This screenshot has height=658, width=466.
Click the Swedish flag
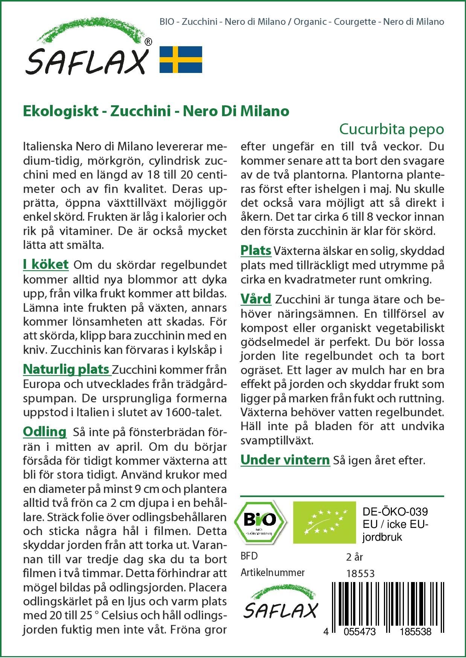click(181, 59)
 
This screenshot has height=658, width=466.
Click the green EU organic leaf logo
click(324, 522)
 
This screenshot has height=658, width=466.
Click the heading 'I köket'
click(46, 264)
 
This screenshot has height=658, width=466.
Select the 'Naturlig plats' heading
click(66, 369)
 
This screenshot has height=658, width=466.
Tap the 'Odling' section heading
click(44, 432)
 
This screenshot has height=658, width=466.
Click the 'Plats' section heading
click(256, 250)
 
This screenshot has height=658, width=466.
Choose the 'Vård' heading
click(256, 299)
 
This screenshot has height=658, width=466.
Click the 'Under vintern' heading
click(285, 460)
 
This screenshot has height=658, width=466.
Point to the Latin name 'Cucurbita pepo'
click(391, 129)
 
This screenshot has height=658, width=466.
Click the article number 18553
click(360, 573)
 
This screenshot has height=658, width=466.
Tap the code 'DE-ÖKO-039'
click(395, 512)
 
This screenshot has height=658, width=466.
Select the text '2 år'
click(354, 557)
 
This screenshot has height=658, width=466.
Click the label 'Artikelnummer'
click(273, 573)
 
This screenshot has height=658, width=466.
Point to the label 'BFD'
click(249, 556)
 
